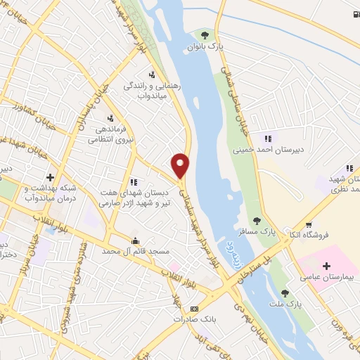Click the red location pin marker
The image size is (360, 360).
click(x=181, y=165)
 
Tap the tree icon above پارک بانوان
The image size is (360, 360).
click(x=205, y=34)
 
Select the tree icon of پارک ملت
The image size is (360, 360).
click(x=285, y=293)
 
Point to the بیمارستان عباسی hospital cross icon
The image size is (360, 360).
click(x=326, y=266)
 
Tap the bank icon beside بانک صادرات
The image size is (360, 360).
click(x=195, y=309)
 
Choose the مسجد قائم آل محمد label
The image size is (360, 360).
click(x=129, y=250)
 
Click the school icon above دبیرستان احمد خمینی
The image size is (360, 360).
click(x=266, y=139)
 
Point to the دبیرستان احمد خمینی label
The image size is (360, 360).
click(x=262, y=150)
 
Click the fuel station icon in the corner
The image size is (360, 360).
click(x=354, y=14)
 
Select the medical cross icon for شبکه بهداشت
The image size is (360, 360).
click(x=49, y=177)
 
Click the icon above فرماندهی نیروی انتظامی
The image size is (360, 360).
click(x=110, y=118)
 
